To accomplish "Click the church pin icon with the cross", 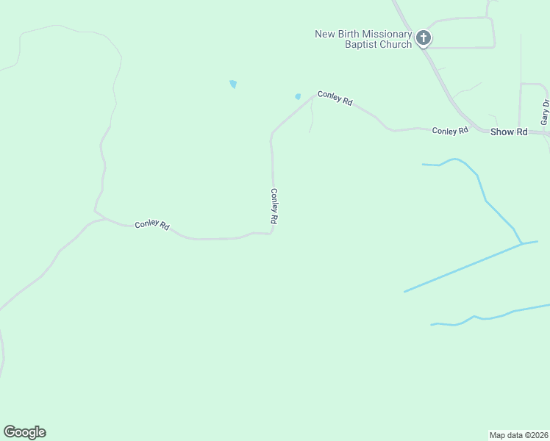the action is pos(423,37).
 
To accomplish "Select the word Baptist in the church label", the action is pos(360,44).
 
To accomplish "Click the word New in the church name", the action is pos(324,34).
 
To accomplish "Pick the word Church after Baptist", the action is pos(395,44).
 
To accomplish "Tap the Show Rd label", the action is pos(509,132).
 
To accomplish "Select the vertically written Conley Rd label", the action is pos(274,207).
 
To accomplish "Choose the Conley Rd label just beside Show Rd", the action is pos(450,131).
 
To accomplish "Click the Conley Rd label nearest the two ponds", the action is pos(335,98).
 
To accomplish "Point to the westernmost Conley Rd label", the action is pos(152,226).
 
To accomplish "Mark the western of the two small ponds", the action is pos(233,85).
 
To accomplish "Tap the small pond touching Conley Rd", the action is pos(298,96).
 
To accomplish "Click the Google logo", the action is pos(24,432).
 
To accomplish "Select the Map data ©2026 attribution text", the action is pos(519,434).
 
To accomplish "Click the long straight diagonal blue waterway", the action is pos(463,268).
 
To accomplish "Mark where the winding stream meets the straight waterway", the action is pos(521,243).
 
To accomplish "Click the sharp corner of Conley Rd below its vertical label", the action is pos(273,233).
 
